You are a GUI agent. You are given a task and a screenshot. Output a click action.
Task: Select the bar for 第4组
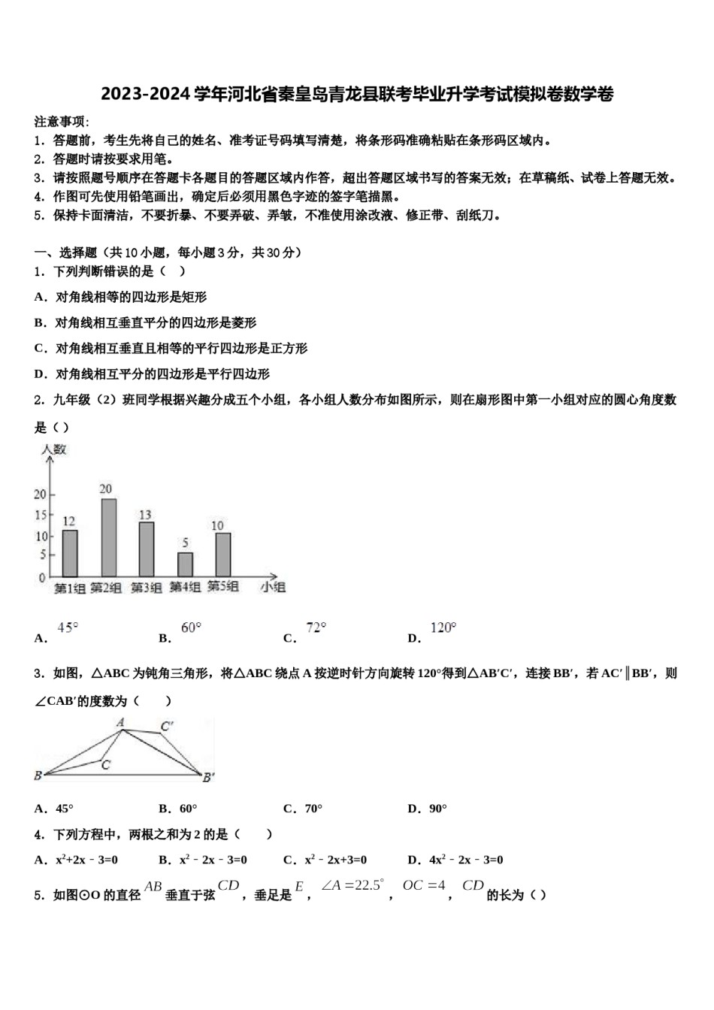(x=185, y=564)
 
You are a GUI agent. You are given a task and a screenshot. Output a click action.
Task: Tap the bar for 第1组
(x=70, y=553)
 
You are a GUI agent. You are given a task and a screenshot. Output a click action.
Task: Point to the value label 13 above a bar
(x=145, y=515)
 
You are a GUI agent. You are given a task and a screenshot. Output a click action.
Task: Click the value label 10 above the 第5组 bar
(x=218, y=525)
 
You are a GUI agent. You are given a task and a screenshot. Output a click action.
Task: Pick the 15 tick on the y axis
(x=40, y=516)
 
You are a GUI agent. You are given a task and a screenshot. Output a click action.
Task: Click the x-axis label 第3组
(x=146, y=588)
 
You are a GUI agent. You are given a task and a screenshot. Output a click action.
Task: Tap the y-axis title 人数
(x=53, y=449)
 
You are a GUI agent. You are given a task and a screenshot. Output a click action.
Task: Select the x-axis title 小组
(x=273, y=587)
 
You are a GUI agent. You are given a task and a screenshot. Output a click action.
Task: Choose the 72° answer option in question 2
(x=316, y=627)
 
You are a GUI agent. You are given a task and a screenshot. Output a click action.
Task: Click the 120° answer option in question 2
(x=443, y=627)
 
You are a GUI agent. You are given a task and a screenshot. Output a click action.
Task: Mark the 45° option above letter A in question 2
(x=68, y=627)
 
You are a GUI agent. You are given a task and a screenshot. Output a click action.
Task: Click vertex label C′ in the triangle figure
(x=167, y=726)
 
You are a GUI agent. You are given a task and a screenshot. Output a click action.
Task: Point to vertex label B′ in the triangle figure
(x=208, y=777)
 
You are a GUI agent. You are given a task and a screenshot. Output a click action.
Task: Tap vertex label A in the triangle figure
(x=120, y=722)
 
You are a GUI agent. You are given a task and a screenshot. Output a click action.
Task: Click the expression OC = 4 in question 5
(x=424, y=885)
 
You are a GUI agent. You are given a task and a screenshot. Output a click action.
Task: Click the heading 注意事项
(x=61, y=121)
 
